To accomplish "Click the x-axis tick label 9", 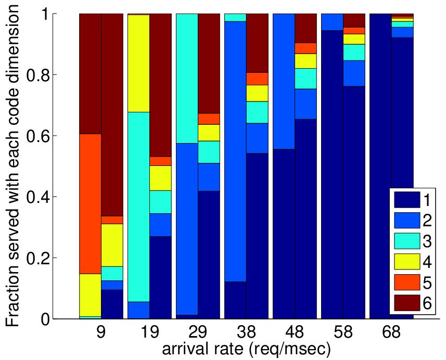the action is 101,332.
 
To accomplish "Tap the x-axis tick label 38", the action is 246,332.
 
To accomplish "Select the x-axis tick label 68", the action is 391,332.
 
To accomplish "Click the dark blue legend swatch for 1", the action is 407,200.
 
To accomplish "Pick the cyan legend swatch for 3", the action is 407,241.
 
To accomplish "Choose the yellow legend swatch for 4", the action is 407,262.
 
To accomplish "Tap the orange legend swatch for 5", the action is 407,282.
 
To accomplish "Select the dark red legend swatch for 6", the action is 407,303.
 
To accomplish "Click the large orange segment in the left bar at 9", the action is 90,204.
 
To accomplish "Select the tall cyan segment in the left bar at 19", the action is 139,207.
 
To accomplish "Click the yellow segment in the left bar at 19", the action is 139,63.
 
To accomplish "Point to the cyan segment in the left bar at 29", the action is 187,79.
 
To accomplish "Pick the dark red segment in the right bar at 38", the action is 257,43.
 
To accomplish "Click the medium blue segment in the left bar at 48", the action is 284,81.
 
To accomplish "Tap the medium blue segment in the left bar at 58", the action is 332,22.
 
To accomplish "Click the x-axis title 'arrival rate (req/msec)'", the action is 246,349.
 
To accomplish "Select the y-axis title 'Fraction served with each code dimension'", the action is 13,166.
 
